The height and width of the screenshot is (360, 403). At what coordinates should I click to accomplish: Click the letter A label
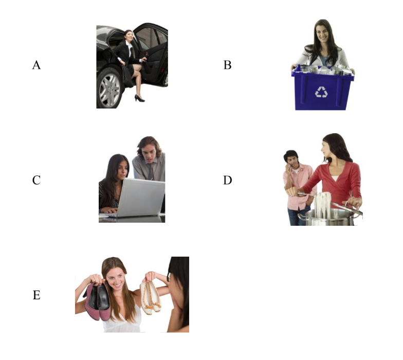36,65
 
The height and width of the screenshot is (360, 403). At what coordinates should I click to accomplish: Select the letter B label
227,65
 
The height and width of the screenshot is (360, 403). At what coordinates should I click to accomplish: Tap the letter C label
36,180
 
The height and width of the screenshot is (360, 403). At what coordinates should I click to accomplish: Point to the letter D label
227,180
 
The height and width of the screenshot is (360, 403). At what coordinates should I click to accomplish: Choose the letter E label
36,295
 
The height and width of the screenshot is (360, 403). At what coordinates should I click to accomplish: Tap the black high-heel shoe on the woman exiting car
139,98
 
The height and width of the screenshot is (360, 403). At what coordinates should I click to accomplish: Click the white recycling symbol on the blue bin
321,92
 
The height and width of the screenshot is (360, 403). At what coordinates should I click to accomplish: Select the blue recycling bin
322,88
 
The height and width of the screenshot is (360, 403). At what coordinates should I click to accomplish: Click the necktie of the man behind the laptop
151,172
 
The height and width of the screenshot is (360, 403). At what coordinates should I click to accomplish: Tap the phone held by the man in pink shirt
289,166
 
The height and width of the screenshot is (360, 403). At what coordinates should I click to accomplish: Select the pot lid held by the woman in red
347,208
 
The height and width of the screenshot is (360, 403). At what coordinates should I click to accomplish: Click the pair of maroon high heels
98,301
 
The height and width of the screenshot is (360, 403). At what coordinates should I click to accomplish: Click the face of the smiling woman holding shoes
116,279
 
